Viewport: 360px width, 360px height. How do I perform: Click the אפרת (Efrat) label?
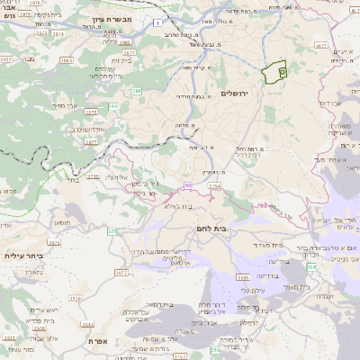coord(99,343)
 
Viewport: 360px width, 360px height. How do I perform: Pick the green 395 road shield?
coord(113,107)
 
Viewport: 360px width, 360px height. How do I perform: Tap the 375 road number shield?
coord(112,231)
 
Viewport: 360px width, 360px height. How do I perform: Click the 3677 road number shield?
coord(91,141)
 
